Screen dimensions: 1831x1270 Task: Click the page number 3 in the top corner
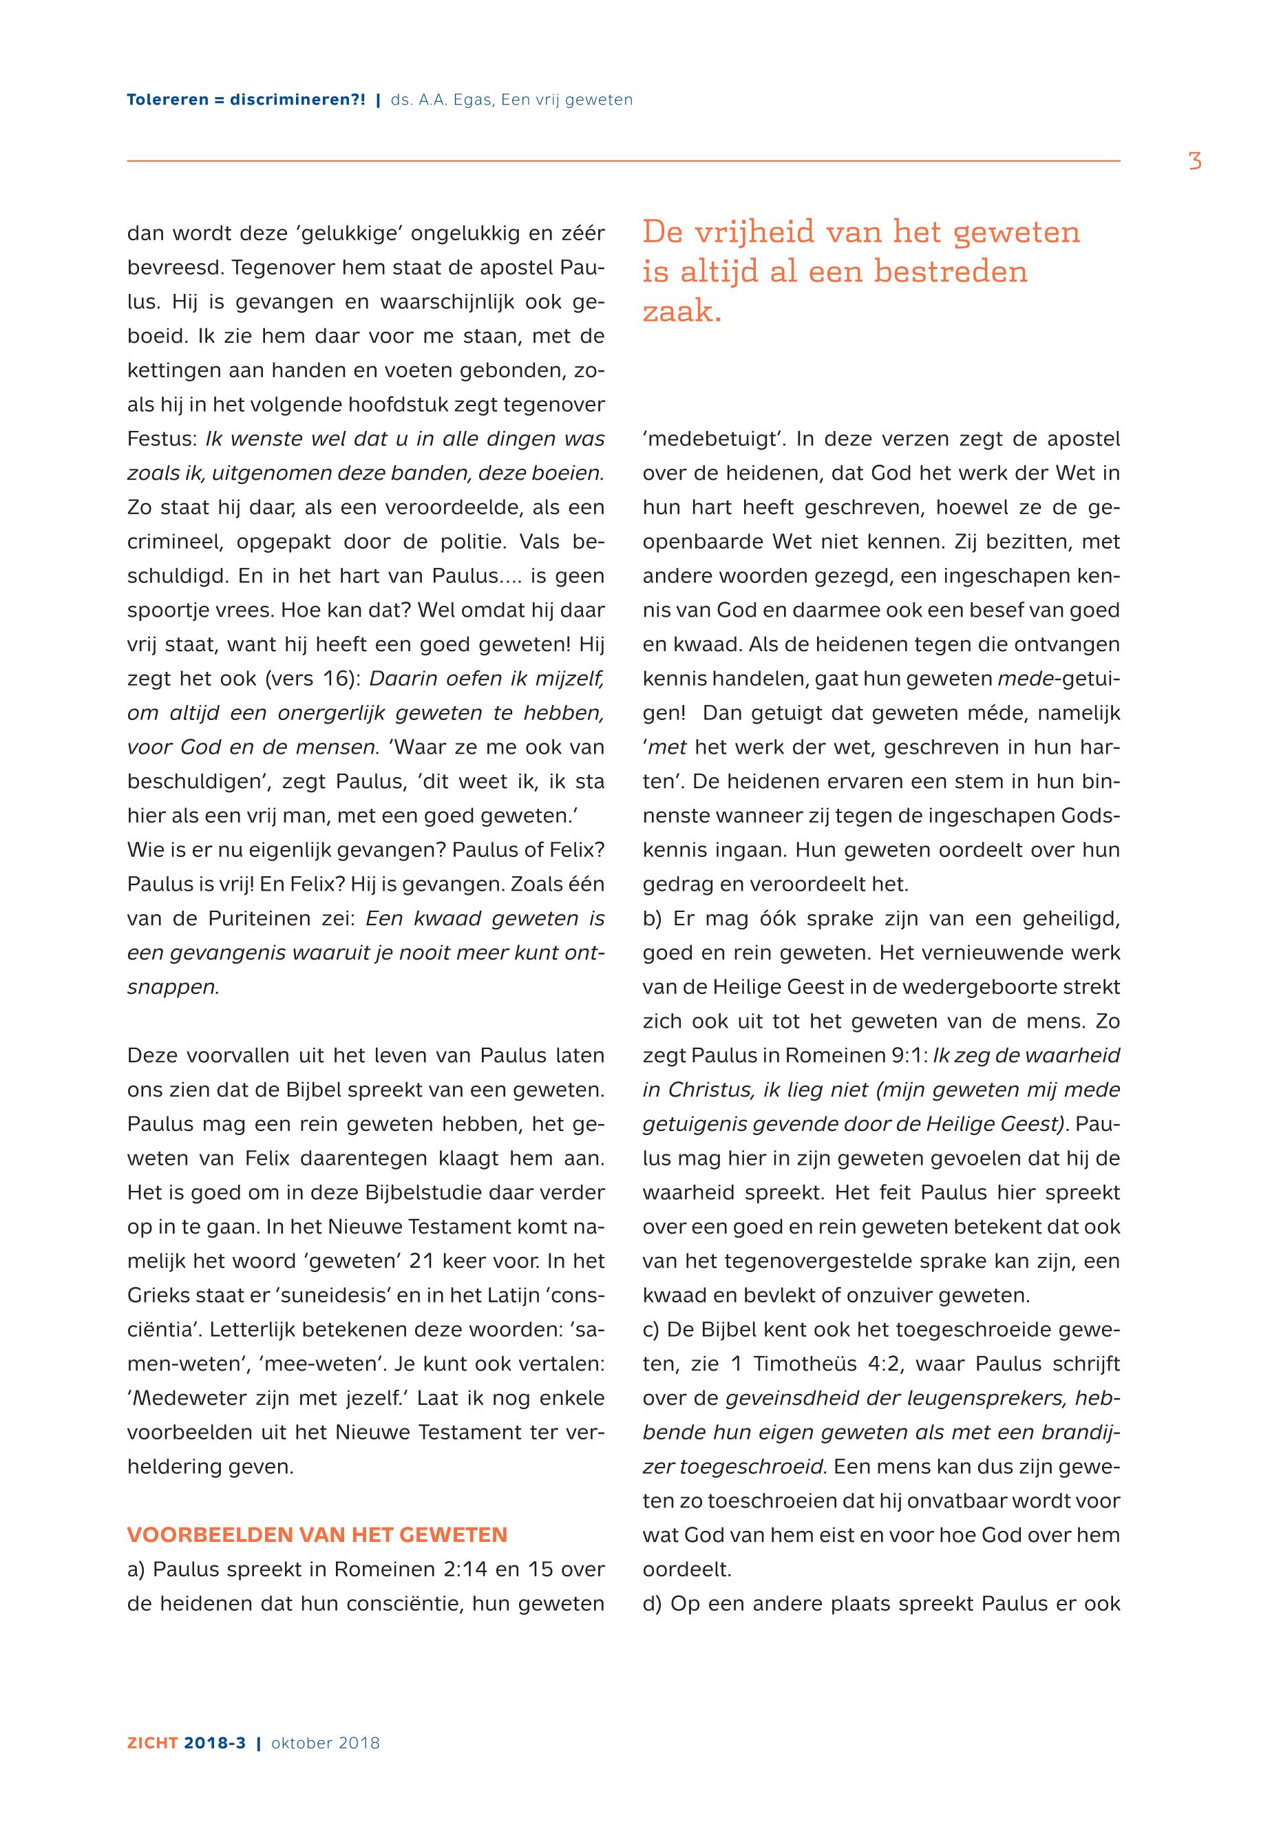tap(1194, 162)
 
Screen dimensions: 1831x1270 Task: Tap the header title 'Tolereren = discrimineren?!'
tap(246, 100)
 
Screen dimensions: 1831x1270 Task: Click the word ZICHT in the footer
tap(153, 1743)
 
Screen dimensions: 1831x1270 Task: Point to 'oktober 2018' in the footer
tap(326, 1743)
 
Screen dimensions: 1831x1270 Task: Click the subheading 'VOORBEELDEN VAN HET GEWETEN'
tap(317, 1535)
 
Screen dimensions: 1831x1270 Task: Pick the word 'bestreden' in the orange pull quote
tap(951, 272)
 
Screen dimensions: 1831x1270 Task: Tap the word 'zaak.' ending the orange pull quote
tap(682, 311)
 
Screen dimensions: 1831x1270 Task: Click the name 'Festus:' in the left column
tap(162, 439)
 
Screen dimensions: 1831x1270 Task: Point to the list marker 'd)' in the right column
tap(653, 1603)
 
